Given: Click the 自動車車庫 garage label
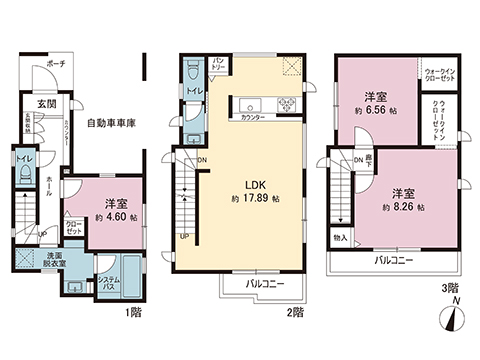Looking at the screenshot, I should click(110, 124).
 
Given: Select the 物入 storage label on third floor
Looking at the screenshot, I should click(341, 237).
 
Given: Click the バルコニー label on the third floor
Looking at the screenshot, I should click(396, 259).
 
